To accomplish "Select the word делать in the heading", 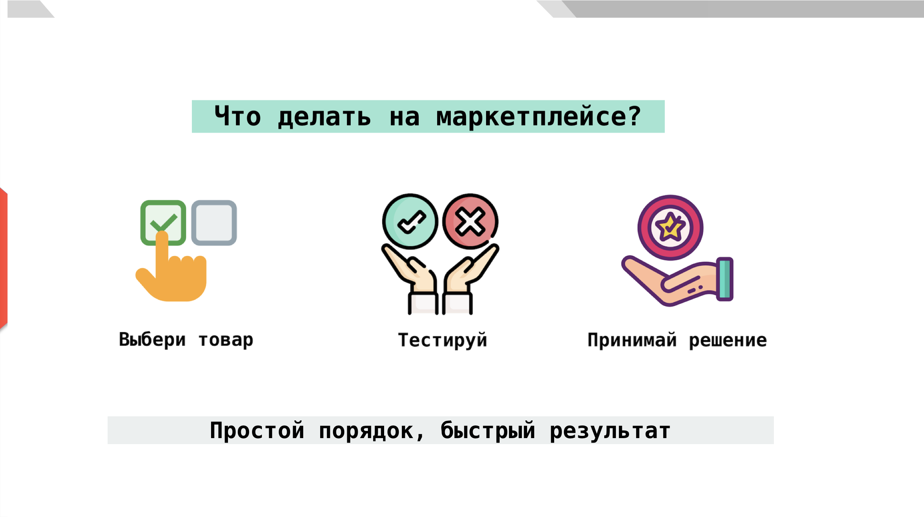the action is tap(324, 117).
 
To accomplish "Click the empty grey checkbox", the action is tap(214, 223).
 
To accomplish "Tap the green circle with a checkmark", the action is tap(410, 221).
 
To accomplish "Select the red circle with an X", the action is tap(470, 221).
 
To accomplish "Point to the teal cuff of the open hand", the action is tap(725, 279).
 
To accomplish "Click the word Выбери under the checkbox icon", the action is tap(152, 340).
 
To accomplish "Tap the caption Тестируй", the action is tap(443, 340).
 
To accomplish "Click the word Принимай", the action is tap(632, 340).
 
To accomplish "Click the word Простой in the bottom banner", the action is tap(257, 430).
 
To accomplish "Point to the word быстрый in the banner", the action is tap(488, 430).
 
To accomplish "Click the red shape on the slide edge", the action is tap(3, 258).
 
